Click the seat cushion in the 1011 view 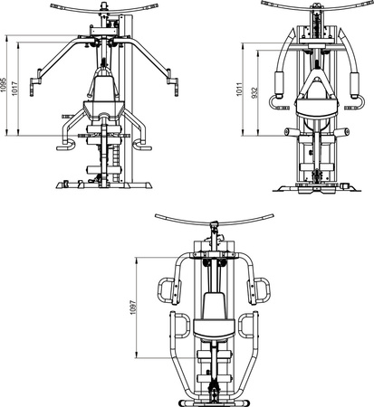[314, 108]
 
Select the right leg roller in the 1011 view [342, 133]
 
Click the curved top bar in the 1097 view [215, 219]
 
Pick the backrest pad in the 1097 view [215, 308]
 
